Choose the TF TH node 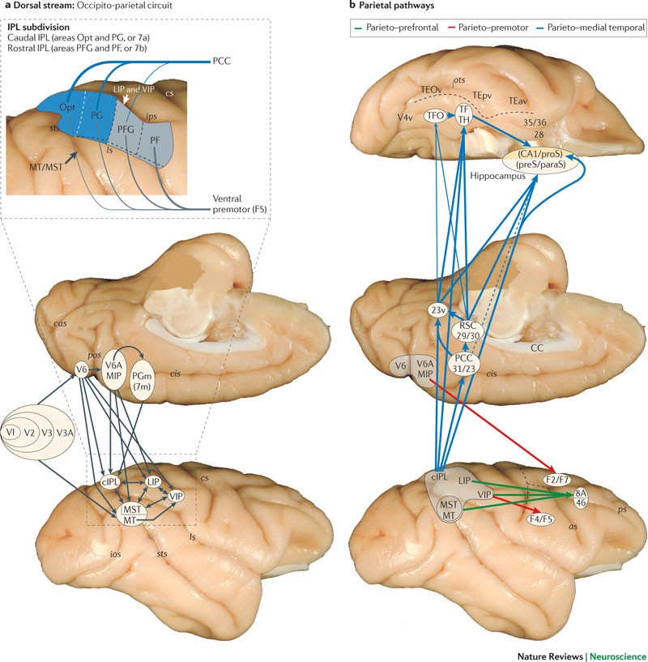[x=464, y=116]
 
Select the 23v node [x=439, y=309]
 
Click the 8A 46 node [x=580, y=497]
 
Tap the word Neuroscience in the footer [x=614, y=651]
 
